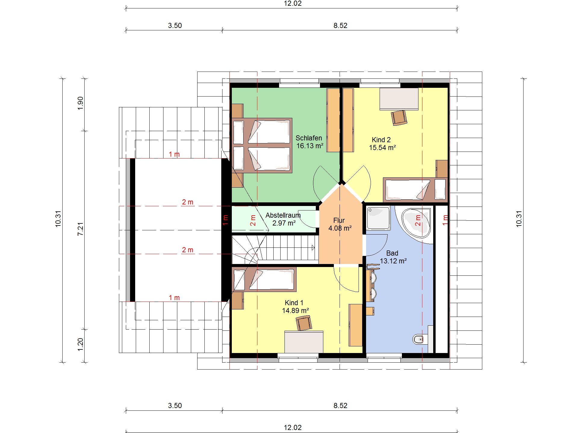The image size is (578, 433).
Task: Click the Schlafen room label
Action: (x=309, y=138)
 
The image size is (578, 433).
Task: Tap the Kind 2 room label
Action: (x=381, y=140)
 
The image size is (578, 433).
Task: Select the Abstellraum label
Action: (x=283, y=215)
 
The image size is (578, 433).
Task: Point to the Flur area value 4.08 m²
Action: (x=340, y=228)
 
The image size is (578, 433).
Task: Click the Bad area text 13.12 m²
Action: (x=393, y=261)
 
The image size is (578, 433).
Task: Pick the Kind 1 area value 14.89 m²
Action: (x=295, y=311)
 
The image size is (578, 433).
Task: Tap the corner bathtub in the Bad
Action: (x=415, y=222)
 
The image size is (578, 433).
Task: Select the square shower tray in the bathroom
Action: (x=378, y=218)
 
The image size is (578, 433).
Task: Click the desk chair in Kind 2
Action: (x=399, y=117)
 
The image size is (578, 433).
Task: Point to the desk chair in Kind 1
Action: (x=304, y=323)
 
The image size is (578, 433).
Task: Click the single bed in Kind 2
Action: (x=415, y=190)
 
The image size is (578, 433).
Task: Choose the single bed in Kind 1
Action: (x=264, y=279)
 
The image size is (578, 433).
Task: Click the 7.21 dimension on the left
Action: (x=80, y=229)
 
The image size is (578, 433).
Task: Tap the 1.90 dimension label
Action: (x=80, y=103)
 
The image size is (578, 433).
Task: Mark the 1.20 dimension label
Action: (x=80, y=344)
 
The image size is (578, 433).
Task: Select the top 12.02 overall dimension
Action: (x=293, y=3)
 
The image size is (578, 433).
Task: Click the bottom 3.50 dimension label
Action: (x=175, y=406)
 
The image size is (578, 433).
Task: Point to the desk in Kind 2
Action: (x=399, y=99)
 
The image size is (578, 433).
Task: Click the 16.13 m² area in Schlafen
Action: (x=310, y=146)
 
